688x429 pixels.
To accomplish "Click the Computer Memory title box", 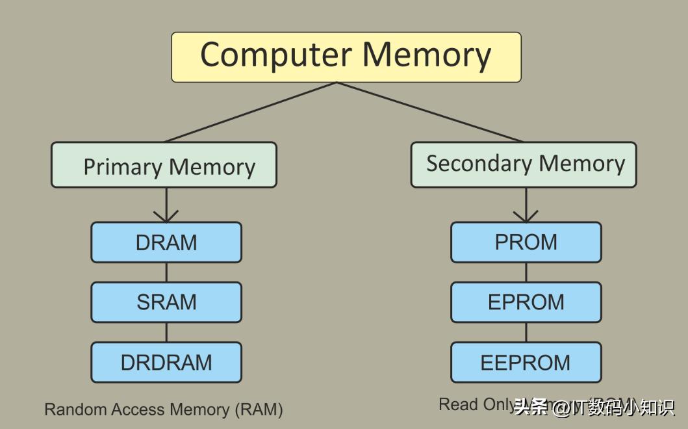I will tap(346, 57).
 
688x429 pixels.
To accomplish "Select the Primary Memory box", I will tap(164, 165).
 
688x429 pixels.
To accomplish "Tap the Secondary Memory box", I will tap(524, 165).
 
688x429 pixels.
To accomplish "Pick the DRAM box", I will tap(166, 242).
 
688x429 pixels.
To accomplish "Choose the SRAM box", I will tap(166, 302).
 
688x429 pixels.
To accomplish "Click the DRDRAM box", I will tap(166, 362).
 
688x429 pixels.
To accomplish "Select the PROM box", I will tap(526, 242).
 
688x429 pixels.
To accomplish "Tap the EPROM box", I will tap(526, 302).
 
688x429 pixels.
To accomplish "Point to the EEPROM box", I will tap(526, 362).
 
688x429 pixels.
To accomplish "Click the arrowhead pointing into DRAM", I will tap(166, 216).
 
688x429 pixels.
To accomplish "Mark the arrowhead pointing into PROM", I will tap(526, 216).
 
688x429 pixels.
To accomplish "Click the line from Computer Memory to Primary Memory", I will tap(251, 112).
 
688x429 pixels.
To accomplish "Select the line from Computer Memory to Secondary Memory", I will tap(429, 112).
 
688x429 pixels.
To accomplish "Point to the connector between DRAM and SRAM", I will tap(166, 272).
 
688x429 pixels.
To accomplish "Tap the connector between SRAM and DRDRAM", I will tap(166, 332).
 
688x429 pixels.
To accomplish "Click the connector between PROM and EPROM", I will tap(526, 272).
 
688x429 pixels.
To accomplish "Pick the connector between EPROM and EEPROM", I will tap(526, 332).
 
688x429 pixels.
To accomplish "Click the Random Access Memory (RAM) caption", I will tap(164, 409).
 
